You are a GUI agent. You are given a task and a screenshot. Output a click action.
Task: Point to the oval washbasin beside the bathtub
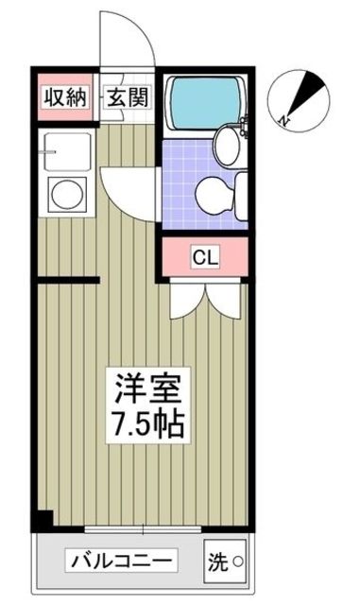coord(228,144)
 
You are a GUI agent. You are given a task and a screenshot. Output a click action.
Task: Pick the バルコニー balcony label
coord(120,562)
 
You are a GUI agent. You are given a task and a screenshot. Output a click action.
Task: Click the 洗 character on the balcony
coord(217,562)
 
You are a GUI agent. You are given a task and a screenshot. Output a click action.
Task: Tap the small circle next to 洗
coord(237,564)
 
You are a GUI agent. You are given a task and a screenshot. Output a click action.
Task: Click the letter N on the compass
coord(286,120)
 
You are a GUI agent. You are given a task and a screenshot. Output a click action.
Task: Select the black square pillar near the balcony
coord(43,520)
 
